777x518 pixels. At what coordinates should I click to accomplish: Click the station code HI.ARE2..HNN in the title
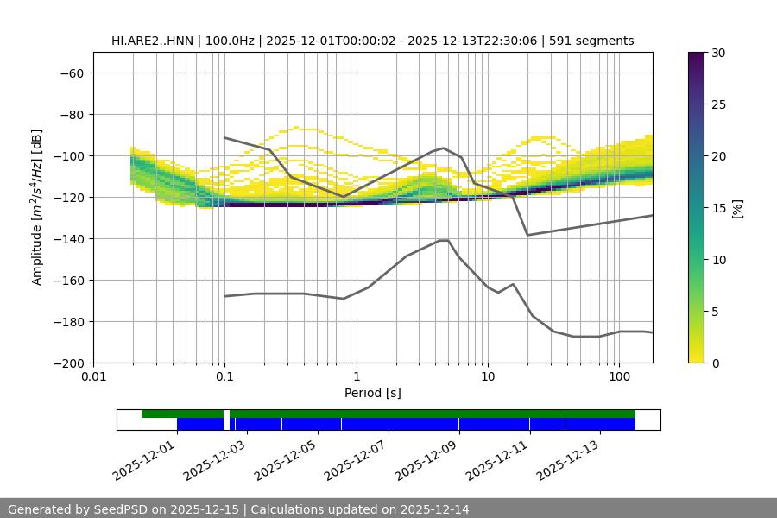tap(155, 41)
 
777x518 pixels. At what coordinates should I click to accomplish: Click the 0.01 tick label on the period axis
tap(93, 377)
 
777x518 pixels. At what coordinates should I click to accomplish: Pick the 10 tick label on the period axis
tap(488, 377)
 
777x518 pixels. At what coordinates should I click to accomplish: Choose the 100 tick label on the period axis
tap(619, 377)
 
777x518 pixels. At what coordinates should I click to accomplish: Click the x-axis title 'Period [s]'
tap(373, 393)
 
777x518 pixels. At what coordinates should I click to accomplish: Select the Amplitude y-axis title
tap(37, 207)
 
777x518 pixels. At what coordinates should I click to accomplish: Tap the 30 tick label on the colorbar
tap(718, 53)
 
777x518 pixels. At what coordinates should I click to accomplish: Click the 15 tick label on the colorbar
tap(718, 208)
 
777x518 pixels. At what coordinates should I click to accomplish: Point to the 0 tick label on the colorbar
tap(715, 363)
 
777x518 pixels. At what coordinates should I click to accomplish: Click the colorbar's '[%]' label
tap(738, 208)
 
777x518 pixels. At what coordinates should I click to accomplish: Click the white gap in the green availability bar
tap(226, 414)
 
